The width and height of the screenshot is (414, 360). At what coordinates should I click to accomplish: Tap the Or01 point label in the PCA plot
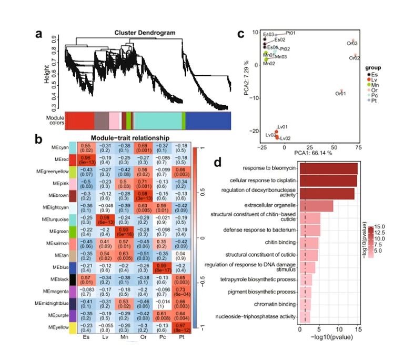340,94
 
